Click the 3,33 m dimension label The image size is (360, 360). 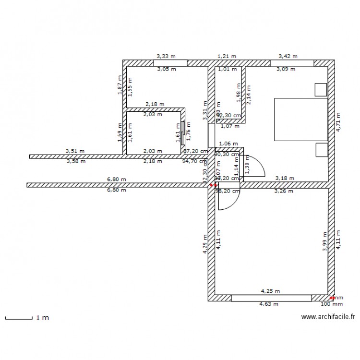coord(162,56)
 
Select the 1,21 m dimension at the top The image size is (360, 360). coord(227,56)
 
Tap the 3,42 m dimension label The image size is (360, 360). coord(288,56)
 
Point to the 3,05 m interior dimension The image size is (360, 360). coord(167,69)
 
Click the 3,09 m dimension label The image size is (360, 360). coord(286,69)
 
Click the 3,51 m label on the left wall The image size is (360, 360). coord(75,151)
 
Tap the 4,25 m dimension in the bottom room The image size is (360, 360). coord(270,291)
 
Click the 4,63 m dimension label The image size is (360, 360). coord(269,304)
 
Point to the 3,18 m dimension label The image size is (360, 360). coord(284,179)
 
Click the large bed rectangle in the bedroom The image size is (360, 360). coord(300,120)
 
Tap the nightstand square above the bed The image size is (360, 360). coord(321,89)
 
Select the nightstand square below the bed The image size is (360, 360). coord(321,150)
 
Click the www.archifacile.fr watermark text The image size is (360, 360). coord(327,317)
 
